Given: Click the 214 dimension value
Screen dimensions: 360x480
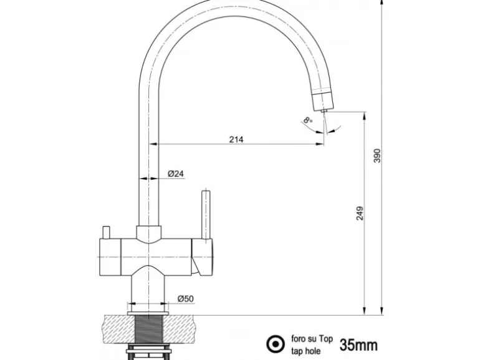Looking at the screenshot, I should coord(236,139).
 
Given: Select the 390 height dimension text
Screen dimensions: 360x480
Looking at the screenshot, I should coord(376,156).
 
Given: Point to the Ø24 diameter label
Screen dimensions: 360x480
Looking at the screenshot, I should coord(176,174).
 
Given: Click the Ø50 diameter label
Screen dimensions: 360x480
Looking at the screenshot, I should coord(185,299).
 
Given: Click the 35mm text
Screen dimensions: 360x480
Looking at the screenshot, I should coord(358,343).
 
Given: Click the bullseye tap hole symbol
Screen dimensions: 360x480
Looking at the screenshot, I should coord(273,343).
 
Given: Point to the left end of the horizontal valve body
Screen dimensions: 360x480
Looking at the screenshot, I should coord(100,256).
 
